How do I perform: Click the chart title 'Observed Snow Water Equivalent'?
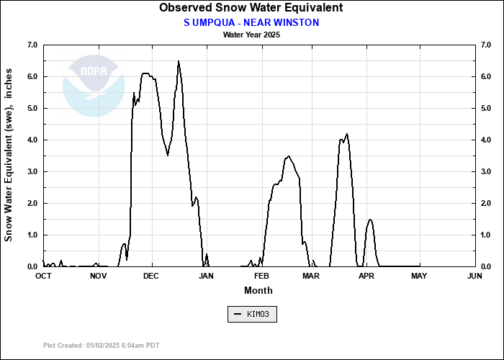[x=251, y=8]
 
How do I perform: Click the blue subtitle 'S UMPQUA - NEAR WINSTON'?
[x=251, y=22]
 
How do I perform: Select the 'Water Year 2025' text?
[x=251, y=34]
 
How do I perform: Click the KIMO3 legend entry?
[x=251, y=315]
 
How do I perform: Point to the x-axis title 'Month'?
[x=258, y=290]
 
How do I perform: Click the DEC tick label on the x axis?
[x=151, y=276]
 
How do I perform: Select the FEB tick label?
[x=261, y=276]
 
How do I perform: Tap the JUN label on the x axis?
[x=474, y=276]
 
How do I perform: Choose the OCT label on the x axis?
[x=43, y=276]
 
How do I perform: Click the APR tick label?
[x=366, y=276]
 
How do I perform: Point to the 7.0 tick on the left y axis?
[x=32, y=45]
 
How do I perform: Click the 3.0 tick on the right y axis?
[x=485, y=171]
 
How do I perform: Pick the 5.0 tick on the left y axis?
[x=32, y=108]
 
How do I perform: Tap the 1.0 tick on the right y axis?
[x=485, y=235]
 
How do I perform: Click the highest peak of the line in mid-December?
[x=179, y=61]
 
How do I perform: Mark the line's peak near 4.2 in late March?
[x=348, y=134]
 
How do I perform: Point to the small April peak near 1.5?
[x=370, y=220]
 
